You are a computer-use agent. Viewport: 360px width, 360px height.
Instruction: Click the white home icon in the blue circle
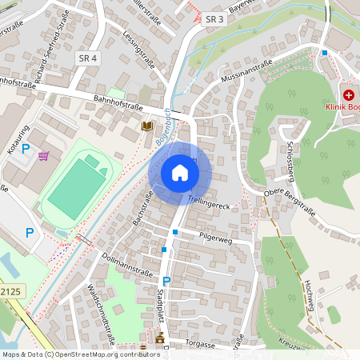(180, 173)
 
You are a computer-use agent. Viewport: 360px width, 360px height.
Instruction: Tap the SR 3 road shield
(214, 18)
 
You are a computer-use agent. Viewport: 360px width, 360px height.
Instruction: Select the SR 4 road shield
(88, 58)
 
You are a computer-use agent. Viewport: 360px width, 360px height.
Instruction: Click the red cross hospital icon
(349, 94)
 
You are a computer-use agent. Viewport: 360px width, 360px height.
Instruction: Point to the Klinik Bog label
(342, 107)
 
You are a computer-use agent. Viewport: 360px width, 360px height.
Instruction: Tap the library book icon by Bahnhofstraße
(147, 126)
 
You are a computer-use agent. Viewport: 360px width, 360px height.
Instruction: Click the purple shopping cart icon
(43, 155)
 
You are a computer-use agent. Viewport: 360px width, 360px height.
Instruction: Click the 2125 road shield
(10, 294)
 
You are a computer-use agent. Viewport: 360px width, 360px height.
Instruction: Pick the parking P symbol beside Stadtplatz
(166, 282)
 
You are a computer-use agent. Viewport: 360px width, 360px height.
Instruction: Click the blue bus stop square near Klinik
(325, 53)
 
